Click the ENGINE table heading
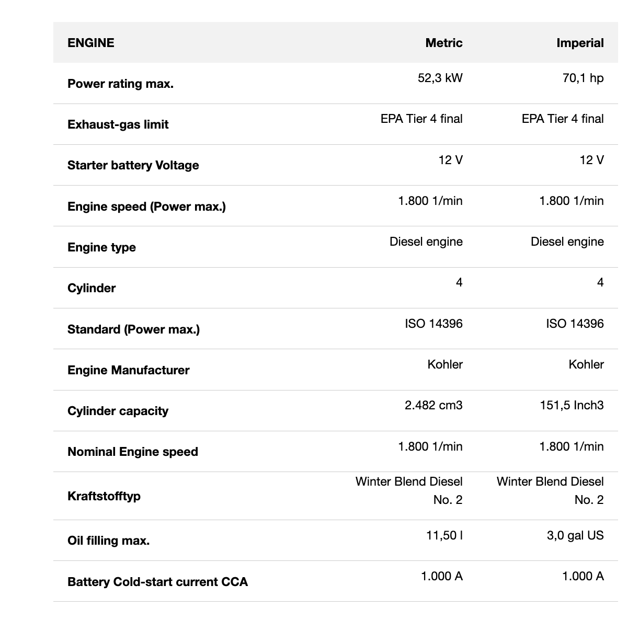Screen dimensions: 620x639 click(91, 43)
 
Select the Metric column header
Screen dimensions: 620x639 click(444, 43)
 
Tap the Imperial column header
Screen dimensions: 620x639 click(580, 43)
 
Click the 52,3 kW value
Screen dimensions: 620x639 click(440, 78)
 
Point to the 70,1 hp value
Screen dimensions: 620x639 click(583, 78)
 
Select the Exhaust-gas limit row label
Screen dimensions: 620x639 click(118, 124)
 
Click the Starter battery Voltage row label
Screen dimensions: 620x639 click(133, 165)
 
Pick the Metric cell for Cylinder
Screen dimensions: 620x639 click(459, 283)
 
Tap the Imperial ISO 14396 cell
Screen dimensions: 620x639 click(575, 324)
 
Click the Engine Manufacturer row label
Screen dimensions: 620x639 click(129, 370)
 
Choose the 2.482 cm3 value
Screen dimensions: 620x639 click(433, 405)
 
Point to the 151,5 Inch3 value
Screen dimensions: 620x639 click(572, 405)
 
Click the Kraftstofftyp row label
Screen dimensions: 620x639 click(104, 496)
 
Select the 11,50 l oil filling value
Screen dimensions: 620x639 click(444, 535)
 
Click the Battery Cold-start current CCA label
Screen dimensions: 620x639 click(158, 582)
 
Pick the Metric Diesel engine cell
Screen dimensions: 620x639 click(426, 242)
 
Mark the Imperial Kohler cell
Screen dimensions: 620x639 click(586, 364)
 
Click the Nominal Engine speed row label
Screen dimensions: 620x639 click(133, 452)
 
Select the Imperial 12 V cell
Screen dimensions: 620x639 click(592, 160)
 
